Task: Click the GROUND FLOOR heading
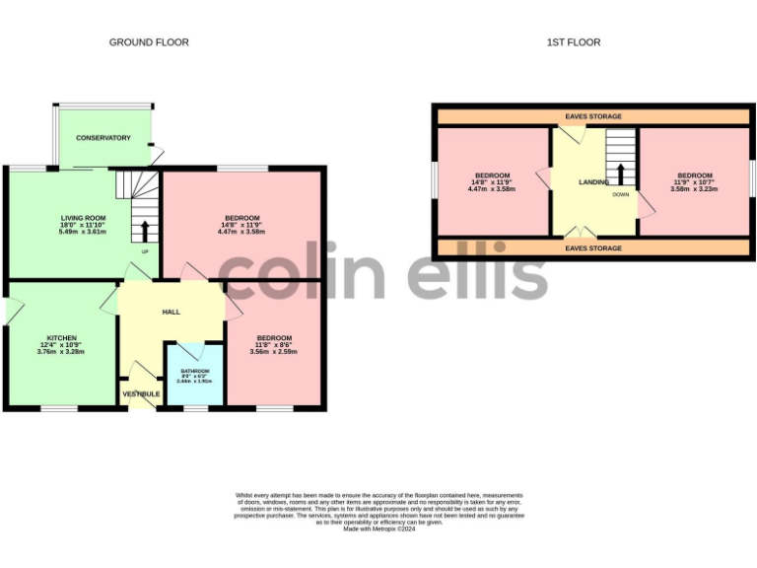(149, 42)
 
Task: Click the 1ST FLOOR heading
(574, 42)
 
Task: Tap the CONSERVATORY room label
(103, 138)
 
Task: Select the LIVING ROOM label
(84, 218)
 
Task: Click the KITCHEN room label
(62, 337)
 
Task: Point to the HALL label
(172, 312)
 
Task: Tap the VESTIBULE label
(142, 393)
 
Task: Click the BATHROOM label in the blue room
(195, 371)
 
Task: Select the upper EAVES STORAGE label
(593, 116)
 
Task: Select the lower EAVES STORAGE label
(593, 248)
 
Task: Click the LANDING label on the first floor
(593, 182)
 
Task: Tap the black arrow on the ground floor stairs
(147, 231)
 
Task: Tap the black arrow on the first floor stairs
(620, 174)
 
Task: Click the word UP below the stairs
(145, 251)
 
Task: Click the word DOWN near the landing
(620, 194)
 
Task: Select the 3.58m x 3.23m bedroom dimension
(694, 189)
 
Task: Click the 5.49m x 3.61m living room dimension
(84, 232)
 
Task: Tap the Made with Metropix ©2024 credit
(379, 530)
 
